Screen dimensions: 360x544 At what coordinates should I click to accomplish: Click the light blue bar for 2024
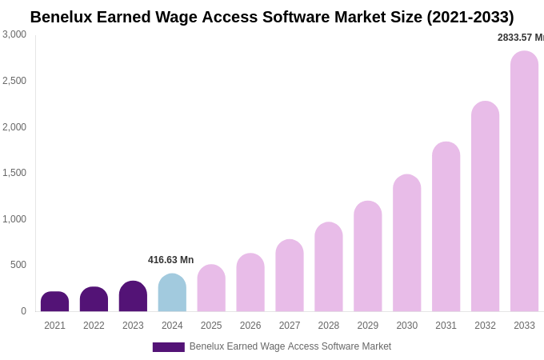(172, 293)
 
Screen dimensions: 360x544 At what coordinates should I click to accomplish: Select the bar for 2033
(524, 182)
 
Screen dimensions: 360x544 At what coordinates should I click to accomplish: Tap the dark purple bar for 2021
(54, 302)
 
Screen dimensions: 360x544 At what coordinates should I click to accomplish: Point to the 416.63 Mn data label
(170, 260)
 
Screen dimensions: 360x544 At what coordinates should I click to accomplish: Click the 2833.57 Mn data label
(520, 38)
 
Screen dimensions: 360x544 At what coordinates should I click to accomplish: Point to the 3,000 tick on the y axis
(14, 34)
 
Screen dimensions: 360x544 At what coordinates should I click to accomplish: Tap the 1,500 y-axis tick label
(14, 173)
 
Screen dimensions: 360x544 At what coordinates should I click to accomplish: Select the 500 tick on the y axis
(18, 265)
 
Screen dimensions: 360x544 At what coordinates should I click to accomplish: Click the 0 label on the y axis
(23, 311)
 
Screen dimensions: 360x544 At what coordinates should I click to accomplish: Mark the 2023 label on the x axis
(133, 326)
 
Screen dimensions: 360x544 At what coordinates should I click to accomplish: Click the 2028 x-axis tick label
(329, 326)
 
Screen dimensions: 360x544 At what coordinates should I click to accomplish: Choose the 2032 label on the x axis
(485, 326)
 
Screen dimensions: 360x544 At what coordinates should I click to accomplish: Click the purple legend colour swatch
(168, 347)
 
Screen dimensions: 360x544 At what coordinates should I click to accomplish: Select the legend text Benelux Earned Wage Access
(290, 346)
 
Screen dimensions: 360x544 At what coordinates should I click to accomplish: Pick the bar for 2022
(94, 299)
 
